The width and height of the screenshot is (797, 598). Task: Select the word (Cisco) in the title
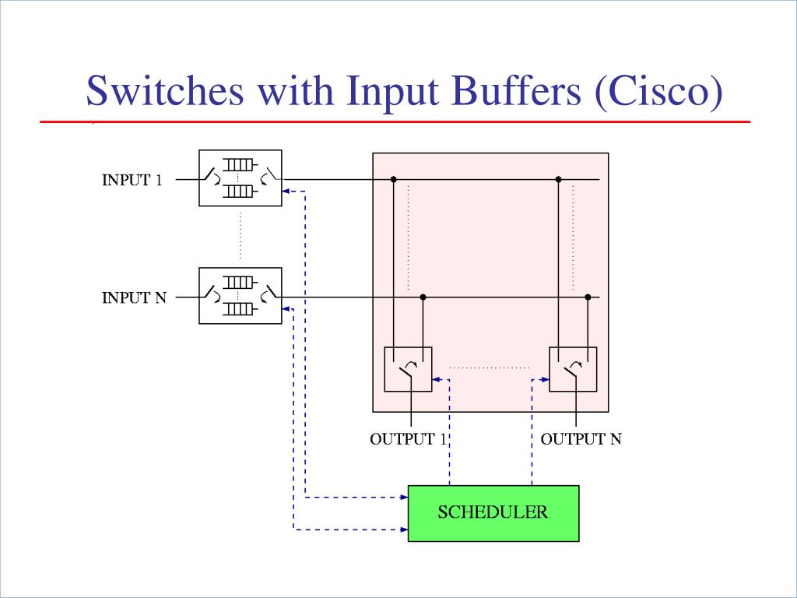pyautogui.click(x=658, y=91)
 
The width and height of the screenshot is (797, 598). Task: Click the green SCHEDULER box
pyautogui.click(x=493, y=513)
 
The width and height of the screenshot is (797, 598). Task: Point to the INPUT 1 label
pyautogui.click(x=132, y=180)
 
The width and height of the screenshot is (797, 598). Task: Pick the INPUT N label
pyautogui.click(x=134, y=297)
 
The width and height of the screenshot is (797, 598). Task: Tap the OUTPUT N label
pyautogui.click(x=581, y=439)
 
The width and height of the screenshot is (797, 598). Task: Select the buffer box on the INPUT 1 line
pyautogui.click(x=241, y=178)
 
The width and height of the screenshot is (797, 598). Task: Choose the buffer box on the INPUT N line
pyautogui.click(x=241, y=296)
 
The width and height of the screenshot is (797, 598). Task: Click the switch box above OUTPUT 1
pyautogui.click(x=408, y=369)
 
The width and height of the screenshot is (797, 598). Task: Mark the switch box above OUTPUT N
pyautogui.click(x=573, y=369)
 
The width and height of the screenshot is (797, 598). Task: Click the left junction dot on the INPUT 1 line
pyautogui.click(x=394, y=180)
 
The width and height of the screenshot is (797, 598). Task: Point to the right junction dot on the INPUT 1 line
pyautogui.click(x=558, y=180)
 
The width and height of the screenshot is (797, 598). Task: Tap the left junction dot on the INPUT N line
pyautogui.click(x=423, y=297)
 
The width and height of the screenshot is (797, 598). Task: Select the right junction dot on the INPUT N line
pyautogui.click(x=588, y=297)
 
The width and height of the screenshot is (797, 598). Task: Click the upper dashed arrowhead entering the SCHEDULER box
pyautogui.click(x=404, y=496)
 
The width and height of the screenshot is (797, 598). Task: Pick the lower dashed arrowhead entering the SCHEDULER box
pyautogui.click(x=404, y=529)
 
